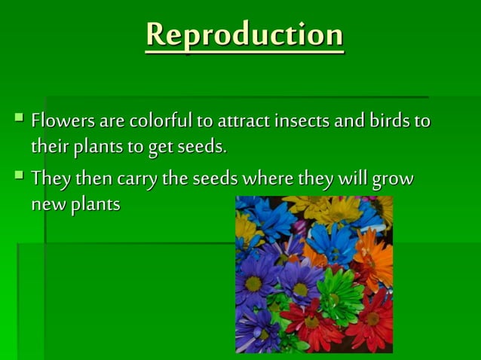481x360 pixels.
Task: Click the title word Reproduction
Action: tap(244, 35)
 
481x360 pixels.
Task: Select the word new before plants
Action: tap(47, 205)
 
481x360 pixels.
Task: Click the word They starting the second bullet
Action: tap(51, 179)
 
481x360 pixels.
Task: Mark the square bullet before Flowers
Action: tap(19, 117)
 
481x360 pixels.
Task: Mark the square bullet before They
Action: tap(19, 177)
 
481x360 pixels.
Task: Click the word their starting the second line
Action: tap(48, 145)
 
